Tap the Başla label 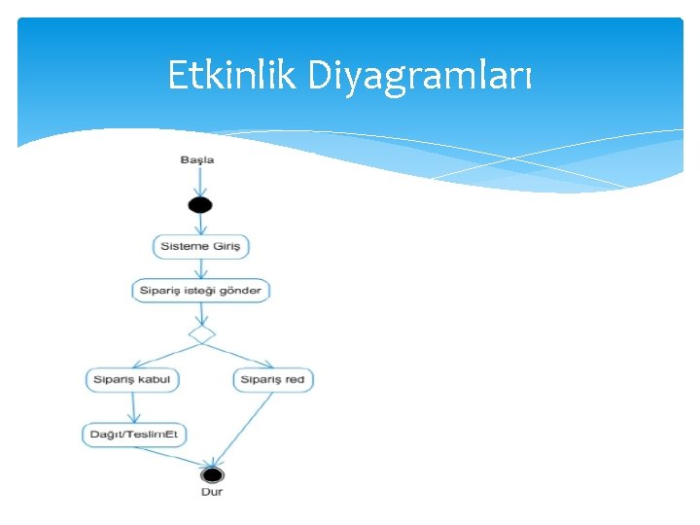pos(197,159)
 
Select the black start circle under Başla pos(200,204)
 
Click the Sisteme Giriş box pos(201,247)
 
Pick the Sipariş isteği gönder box pos(200,291)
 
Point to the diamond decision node pos(201,334)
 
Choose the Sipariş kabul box pos(132,379)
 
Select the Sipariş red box pos(273,379)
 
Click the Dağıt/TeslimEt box pos(134,435)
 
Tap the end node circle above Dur pos(212,475)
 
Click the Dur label pos(212,493)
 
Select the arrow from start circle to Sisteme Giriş pos(200,224)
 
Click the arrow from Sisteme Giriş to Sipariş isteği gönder pos(200,269)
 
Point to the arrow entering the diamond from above pos(201,313)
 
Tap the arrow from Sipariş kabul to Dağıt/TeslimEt pos(133,407)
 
